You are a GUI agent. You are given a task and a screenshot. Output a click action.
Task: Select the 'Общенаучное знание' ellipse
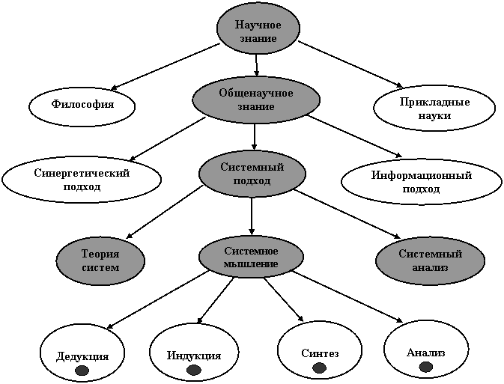(256, 100)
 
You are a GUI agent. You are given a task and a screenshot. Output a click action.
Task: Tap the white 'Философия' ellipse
(82, 106)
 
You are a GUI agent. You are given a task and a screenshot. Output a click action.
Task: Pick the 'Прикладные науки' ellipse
(434, 108)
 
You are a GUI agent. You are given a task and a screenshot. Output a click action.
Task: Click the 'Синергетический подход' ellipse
(82, 180)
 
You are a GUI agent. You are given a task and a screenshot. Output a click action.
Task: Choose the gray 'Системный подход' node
(252, 174)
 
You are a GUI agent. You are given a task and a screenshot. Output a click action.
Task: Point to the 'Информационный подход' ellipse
(421, 182)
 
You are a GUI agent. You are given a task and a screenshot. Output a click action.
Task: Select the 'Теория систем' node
(100, 260)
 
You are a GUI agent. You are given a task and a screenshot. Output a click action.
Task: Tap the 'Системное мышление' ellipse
(251, 257)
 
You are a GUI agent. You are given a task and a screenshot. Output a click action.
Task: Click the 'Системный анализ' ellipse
(430, 260)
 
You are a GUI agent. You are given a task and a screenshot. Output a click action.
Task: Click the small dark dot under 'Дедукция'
(82, 371)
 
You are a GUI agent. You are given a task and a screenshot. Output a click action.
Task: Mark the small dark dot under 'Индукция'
(193, 370)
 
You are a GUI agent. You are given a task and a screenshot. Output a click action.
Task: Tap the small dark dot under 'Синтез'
(319, 368)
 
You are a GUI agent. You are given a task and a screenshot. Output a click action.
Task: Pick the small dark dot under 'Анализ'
(426, 367)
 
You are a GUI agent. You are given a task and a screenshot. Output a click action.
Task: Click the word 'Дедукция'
(82, 356)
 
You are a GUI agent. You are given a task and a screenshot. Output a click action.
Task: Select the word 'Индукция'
(193, 355)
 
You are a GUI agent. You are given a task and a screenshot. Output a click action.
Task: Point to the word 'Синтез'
(320, 353)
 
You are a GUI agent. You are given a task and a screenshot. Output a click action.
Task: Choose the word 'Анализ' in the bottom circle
(426, 352)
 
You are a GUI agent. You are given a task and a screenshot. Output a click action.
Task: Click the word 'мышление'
(251, 263)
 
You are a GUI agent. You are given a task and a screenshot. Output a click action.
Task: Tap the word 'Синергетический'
(82, 173)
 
